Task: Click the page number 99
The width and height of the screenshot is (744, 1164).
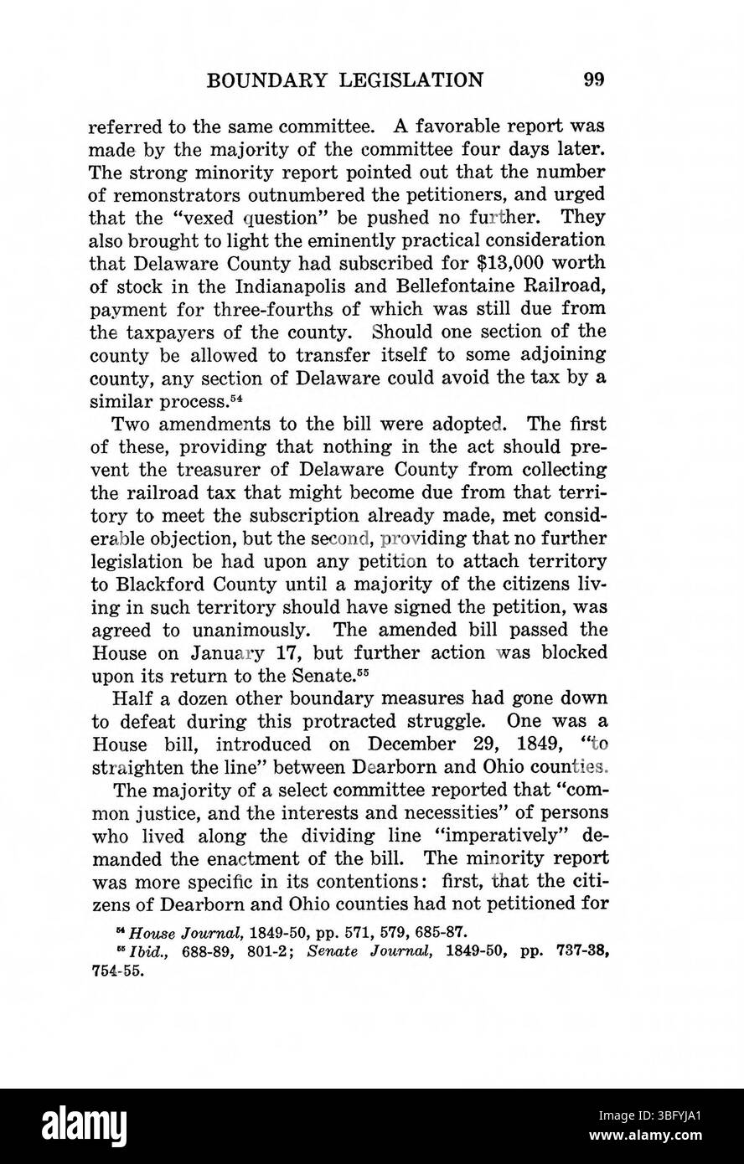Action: click(594, 80)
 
